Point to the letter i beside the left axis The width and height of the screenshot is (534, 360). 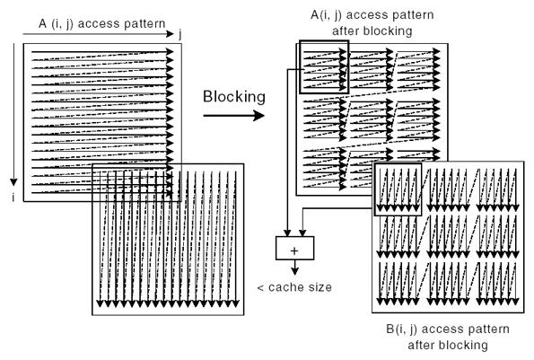click(x=13, y=195)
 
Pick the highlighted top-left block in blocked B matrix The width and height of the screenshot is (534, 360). click(x=396, y=189)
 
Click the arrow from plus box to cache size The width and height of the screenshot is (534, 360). click(x=292, y=266)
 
